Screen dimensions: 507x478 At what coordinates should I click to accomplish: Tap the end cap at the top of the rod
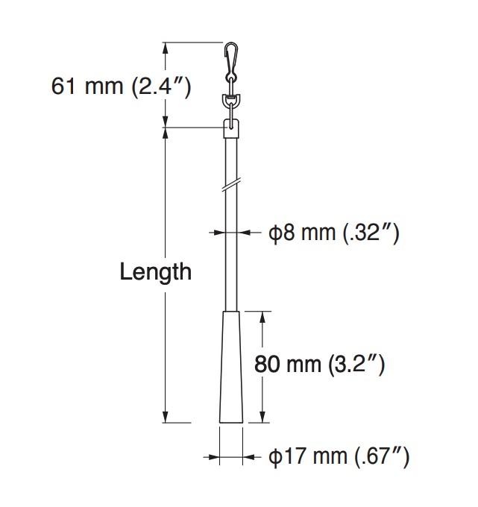coord(232,129)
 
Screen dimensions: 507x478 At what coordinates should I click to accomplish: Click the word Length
coord(155,272)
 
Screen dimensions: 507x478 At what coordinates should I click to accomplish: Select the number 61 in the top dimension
coord(63,86)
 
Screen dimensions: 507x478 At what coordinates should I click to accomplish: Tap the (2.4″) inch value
coord(160,86)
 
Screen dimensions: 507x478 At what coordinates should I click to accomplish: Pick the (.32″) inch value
coord(371,233)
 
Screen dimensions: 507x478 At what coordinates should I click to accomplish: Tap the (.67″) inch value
coord(380,456)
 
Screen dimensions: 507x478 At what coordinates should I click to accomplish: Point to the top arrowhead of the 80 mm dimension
coord(263,316)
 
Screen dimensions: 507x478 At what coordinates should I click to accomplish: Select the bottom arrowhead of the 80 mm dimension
coord(263,418)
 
